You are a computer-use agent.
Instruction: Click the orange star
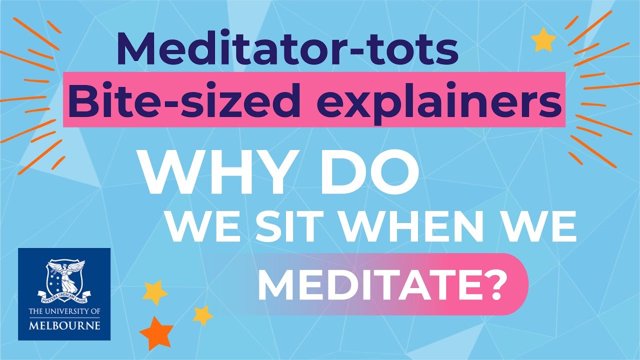(x=156, y=331)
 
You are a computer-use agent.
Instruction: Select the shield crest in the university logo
(x=64, y=278)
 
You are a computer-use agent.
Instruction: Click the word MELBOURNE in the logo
(x=64, y=325)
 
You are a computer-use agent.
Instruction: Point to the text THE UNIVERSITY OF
(x=64, y=312)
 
